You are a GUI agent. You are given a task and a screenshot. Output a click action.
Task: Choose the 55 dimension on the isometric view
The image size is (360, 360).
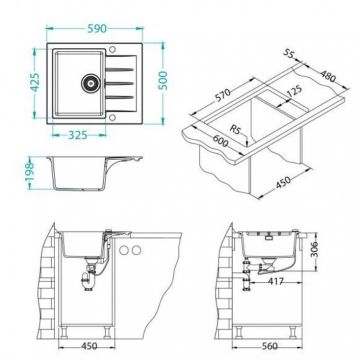(x=291, y=53)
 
